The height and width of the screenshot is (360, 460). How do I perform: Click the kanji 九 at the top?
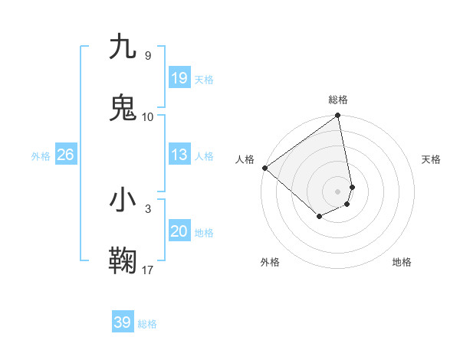(123, 47)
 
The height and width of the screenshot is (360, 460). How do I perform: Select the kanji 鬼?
(123, 108)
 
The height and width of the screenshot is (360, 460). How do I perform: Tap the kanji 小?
(123, 200)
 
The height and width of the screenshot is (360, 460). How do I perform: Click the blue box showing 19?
(179, 78)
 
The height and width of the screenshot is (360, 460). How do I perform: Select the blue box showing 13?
(179, 155)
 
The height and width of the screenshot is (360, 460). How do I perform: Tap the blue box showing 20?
(179, 231)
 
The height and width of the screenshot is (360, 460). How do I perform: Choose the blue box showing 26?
(66, 155)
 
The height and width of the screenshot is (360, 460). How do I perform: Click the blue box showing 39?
(123, 322)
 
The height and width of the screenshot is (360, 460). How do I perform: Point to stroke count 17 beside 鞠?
(148, 270)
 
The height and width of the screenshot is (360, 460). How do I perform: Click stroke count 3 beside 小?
(148, 208)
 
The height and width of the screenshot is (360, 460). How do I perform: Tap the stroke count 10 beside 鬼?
(148, 116)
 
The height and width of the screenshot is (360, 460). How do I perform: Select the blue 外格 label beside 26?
(41, 156)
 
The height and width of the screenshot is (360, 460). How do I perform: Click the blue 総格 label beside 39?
(147, 324)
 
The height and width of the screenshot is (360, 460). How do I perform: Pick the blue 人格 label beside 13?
(204, 156)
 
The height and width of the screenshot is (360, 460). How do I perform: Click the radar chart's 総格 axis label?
(338, 100)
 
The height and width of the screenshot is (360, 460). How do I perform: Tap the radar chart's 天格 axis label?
(432, 159)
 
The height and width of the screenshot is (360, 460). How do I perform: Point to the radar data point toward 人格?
(264, 168)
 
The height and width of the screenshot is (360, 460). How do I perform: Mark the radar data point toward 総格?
(338, 116)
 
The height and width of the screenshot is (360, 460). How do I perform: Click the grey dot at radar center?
(338, 191)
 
